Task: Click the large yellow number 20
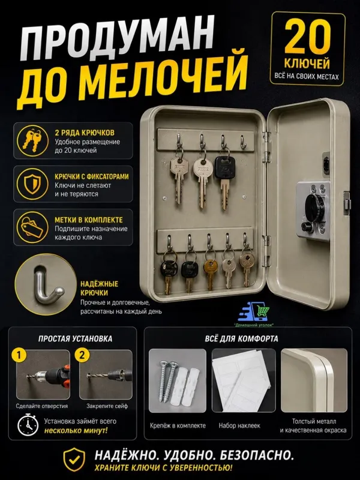pyautogui.click(x=307, y=37)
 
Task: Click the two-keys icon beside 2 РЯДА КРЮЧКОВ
pyautogui.click(x=33, y=141)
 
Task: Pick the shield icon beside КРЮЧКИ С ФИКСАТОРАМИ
pyautogui.click(x=33, y=184)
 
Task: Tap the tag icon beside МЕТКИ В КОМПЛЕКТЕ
pyautogui.click(x=32, y=227)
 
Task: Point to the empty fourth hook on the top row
pyautogui.click(x=244, y=143)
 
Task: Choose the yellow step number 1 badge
pyautogui.click(x=19, y=355)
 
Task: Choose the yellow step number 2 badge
pyautogui.click(x=82, y=355)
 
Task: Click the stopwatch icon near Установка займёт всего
pyautogui.click(x=28, y=425)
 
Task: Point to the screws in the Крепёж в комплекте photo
pyautogui.click(x=167, y=381)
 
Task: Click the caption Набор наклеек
pyautogui.click(x=239, y=425)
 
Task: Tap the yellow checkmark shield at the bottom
pyautogui.click(x=74, y=460)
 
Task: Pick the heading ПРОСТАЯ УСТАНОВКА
pyautogui.click(x=76, y=338)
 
